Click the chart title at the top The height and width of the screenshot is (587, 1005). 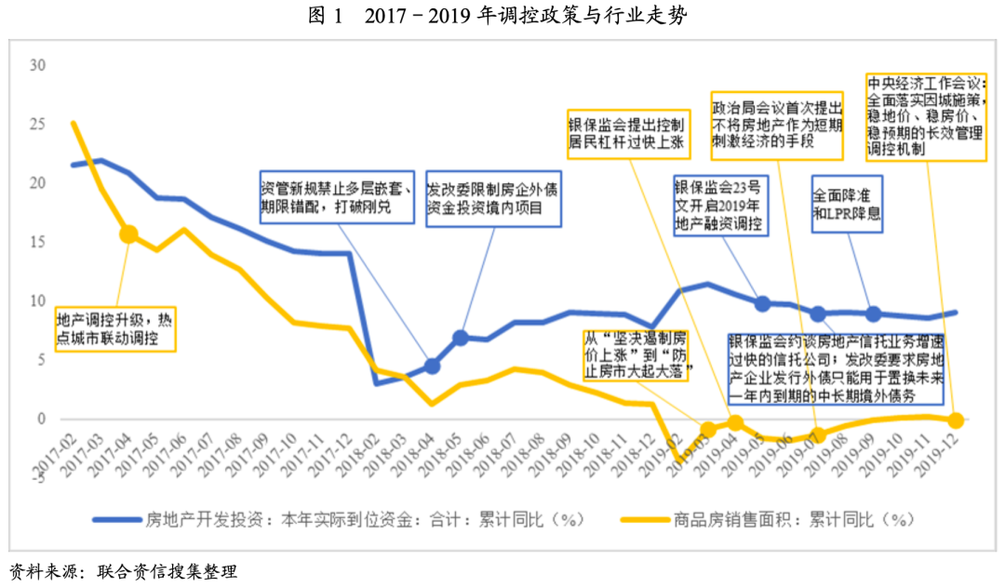tap(502, 17)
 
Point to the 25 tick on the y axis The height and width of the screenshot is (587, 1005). tap(37, 125)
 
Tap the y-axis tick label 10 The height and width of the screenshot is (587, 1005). tap(37, 301)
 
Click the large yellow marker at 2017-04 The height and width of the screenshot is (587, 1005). tap(128, 234)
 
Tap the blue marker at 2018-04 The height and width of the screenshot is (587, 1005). tap(431, 367)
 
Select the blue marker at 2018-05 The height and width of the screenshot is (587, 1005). tap(460, 338)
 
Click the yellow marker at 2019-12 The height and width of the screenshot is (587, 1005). tap(955, 420)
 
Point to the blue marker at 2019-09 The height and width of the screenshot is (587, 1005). tap(873, 314)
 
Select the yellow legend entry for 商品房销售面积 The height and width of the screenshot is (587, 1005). tap(763, 518)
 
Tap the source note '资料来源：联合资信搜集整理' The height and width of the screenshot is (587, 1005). tap(123, 570)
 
